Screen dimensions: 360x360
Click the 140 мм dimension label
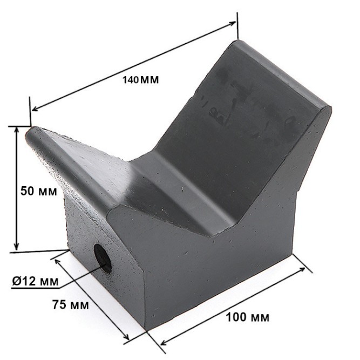point(140,80)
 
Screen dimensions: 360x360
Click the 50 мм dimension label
point(38,191)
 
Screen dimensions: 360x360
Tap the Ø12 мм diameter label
point(36,281)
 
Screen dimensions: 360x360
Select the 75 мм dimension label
point(71,305)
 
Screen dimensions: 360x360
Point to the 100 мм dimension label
point(248,317)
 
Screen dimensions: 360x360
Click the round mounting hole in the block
point(103,259)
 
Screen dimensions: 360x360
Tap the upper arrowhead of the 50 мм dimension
point(16,131)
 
